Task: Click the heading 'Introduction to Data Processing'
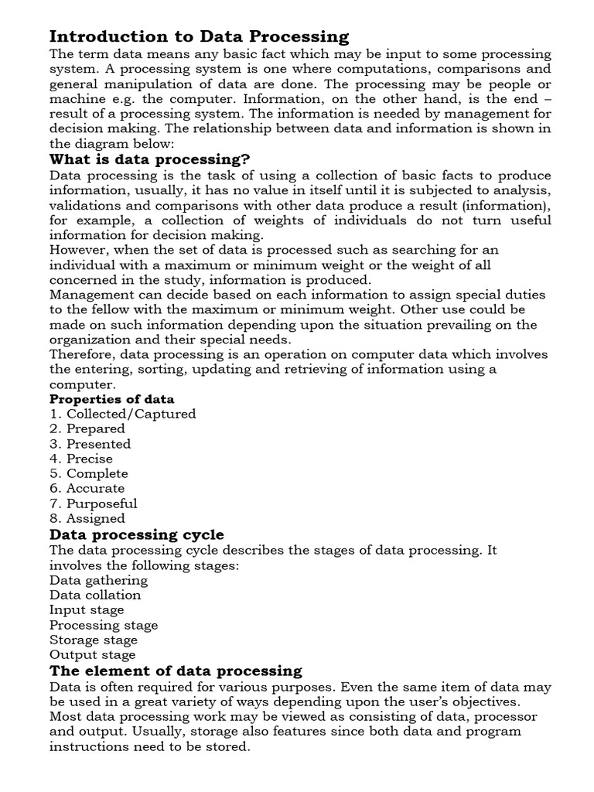[199, 36]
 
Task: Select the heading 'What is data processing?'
[149, 159]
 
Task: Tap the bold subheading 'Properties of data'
[112, 399]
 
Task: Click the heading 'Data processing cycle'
[137, 534]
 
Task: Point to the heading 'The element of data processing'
[176, 671]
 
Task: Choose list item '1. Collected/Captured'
[122, 414]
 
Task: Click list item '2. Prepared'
[87, 428]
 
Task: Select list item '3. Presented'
[90, 444]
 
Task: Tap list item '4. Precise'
[80, 459]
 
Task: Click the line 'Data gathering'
[98, 580]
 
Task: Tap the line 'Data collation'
[95, 595]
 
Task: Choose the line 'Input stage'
[87, 610]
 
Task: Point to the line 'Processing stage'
[104, 625]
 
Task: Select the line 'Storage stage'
[94, 640]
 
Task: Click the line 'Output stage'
[92, 655]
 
